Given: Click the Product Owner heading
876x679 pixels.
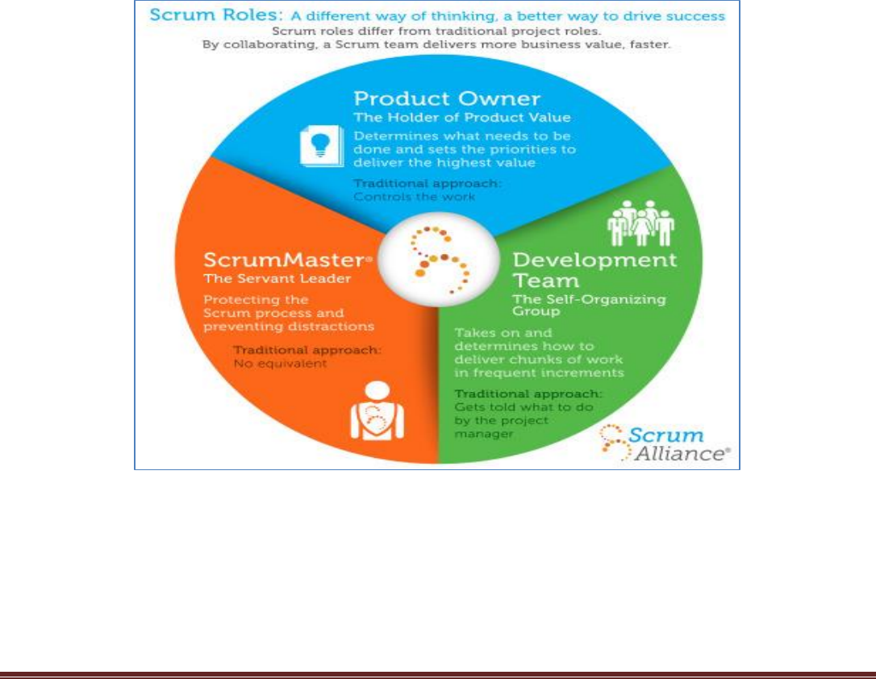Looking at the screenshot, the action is click(x=448, y=99).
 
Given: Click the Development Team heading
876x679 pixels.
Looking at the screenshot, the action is click(x=595, y=270).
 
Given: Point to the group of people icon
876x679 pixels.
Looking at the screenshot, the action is click(x=640, y=223).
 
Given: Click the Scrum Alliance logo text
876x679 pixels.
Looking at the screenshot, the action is click(x=665, y=444).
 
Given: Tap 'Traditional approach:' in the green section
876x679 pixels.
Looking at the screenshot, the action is click(x=528, y=394).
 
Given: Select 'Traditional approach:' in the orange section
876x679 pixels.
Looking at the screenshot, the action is click(x=307, y=350).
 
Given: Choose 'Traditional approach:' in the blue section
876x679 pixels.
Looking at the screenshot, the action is click(x=428, y=183).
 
